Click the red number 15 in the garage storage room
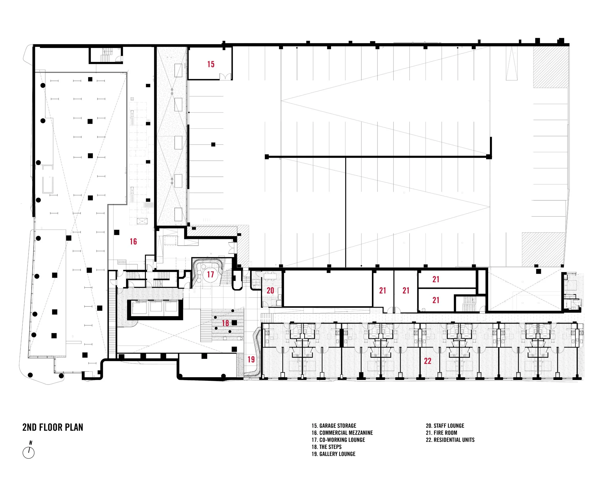point(211,64)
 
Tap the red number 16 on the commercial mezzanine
point(133,241)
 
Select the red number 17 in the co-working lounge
point(211,274)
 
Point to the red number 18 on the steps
point(225,323)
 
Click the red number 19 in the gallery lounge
point(251,359)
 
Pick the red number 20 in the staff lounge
point(270,290)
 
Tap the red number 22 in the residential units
point(428,361)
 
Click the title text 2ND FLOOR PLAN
point(53,427)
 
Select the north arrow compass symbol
point(28,453)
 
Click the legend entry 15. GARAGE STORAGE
point(334,426)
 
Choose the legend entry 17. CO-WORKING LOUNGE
point(338,440)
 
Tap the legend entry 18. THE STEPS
point(327,447)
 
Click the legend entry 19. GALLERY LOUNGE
point(334,454)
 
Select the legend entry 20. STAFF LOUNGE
point(445,426)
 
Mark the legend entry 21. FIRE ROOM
point(442,433)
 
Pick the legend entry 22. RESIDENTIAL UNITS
point(450,440)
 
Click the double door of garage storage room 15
point(225,76)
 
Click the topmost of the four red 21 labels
point(436,279)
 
